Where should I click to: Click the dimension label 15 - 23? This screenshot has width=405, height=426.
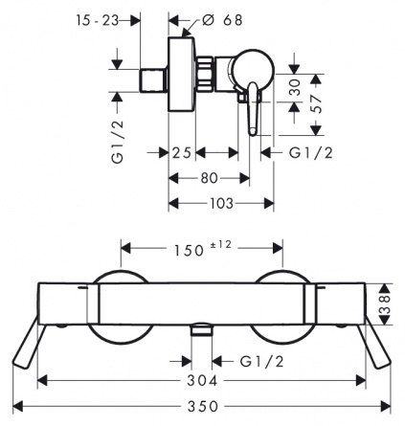coord(97,21)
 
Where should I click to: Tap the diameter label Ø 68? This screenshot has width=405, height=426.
coord(222,20)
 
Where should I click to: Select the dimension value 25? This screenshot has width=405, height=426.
coord(182,153)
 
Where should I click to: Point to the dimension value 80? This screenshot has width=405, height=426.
coord(209,178)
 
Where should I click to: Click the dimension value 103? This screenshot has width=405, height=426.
coord(222,203)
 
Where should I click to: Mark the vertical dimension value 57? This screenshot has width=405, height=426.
coord(318,104)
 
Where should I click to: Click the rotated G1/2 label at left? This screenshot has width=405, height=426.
coord(118,142)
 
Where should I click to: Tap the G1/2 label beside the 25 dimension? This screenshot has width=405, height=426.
coord(311,153)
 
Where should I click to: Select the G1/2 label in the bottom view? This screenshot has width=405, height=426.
coord(261,362)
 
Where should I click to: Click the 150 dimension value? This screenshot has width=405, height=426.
coord(189,251)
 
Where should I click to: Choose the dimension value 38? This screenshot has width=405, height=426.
coord(386,304)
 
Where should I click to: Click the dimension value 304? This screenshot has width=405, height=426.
coord(202,380)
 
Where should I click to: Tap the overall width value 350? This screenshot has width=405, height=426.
coord(203,407)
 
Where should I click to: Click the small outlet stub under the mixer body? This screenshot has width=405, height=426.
coord(202,329)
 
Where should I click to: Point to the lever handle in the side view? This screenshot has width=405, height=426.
coord(253,108)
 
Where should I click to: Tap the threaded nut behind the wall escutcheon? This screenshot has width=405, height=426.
coord(204,74)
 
